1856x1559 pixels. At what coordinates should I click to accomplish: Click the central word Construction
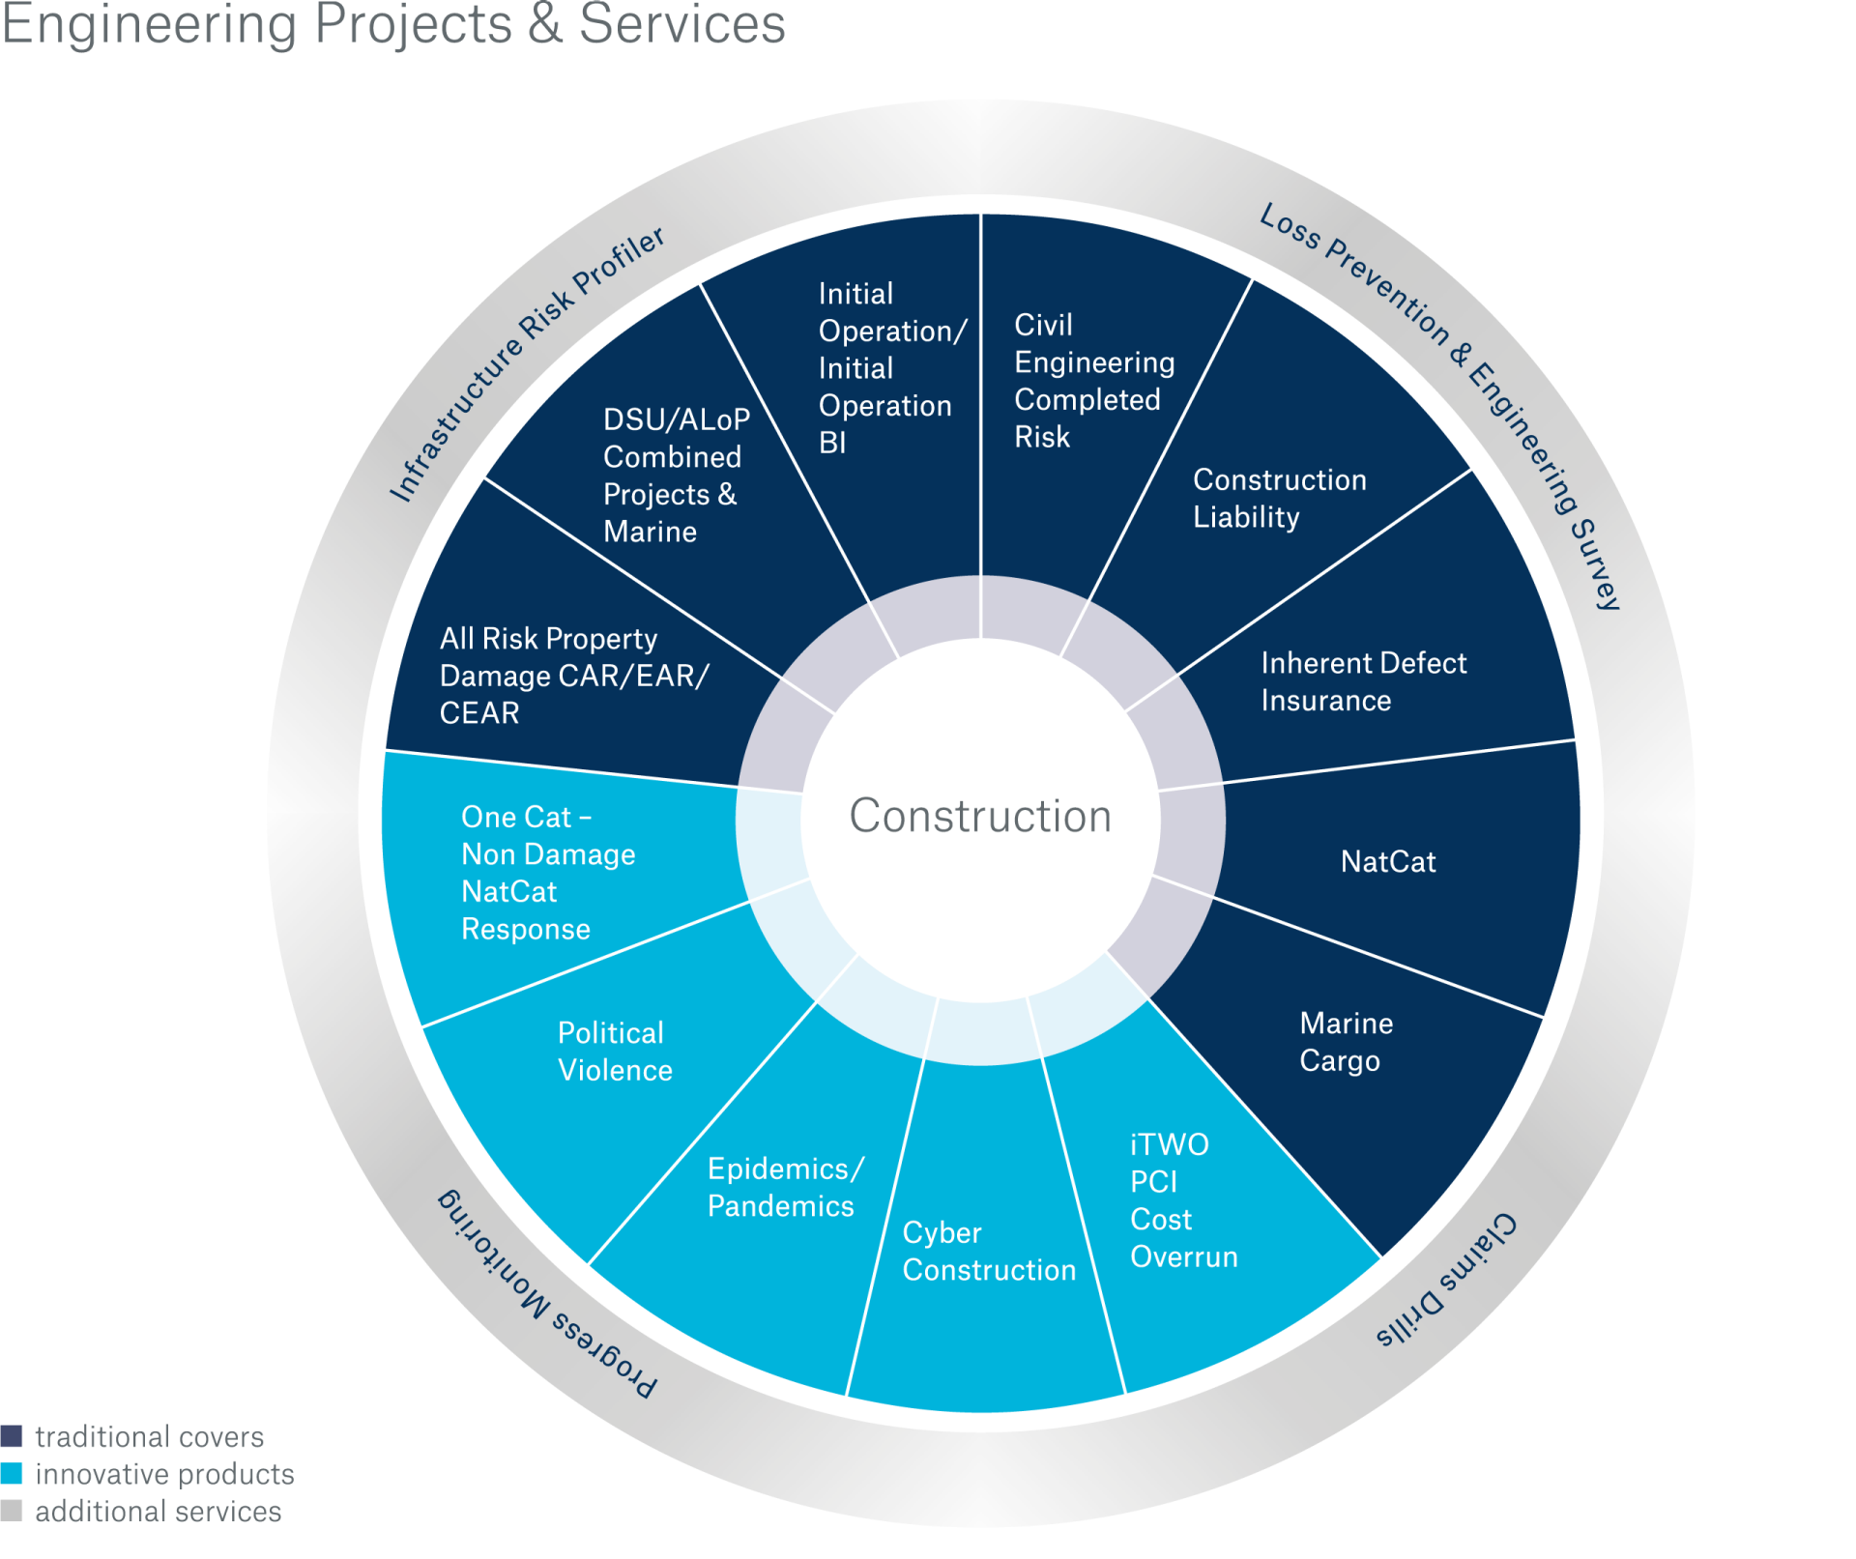point(979,816)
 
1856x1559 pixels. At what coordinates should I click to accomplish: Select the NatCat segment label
point(1387,861)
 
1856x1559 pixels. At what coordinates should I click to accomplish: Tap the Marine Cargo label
point(1345,1042)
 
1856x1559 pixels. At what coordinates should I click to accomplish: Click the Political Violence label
point(614,1052)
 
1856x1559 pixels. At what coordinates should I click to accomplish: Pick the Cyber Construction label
point(988,1252)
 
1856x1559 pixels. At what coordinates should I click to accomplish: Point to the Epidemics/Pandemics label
point(784,1187)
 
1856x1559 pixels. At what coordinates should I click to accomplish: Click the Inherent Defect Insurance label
point(1362,681)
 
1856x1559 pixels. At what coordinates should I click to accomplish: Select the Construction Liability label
point(1278,498)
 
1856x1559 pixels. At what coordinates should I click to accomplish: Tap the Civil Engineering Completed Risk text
point(1092,381)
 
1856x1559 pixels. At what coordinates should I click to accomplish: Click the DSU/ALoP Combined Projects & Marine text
point(675,476)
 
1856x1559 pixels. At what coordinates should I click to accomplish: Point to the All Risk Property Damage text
point(572,676)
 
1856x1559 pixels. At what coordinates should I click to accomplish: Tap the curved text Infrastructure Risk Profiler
point(526,363)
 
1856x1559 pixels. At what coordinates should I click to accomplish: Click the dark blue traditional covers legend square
point(12,1436)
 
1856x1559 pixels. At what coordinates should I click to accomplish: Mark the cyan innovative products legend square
point(12,1474)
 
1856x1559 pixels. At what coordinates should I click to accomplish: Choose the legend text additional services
point(158,1512)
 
